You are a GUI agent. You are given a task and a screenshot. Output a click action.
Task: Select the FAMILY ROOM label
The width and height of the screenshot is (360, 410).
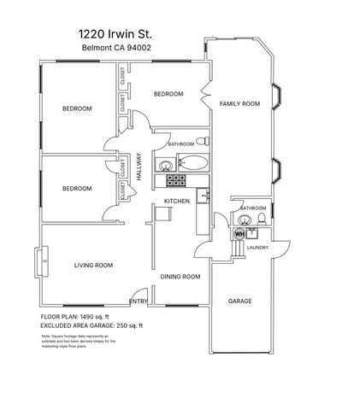point(239,103)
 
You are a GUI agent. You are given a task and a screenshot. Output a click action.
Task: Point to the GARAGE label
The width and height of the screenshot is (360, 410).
point(239,302)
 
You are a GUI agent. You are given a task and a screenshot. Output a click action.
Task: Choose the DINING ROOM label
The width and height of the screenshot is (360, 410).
point(180,277)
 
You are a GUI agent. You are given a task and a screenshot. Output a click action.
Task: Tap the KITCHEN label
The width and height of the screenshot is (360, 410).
point(176,201)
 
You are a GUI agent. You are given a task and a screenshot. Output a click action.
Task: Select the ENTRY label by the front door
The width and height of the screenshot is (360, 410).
point(137,302)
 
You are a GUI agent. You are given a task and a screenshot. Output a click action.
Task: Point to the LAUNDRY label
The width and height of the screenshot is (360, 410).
point(258,248)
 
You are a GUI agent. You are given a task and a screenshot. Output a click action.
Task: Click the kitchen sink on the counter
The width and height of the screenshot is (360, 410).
point(203,198)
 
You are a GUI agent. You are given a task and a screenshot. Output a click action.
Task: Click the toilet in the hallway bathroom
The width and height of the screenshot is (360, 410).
point(201,140)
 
